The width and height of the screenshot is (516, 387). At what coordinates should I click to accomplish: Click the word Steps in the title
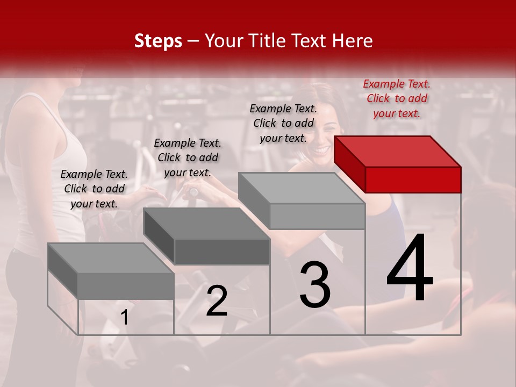[x=158, y=41]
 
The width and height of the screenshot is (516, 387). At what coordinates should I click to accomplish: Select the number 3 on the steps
[x=315, y=285]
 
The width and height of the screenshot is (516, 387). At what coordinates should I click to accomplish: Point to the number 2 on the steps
[x=217, y=301]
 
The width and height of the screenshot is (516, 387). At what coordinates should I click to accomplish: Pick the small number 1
[x=125, y=318]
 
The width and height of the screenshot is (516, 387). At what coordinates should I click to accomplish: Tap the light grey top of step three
[x=302, y=188]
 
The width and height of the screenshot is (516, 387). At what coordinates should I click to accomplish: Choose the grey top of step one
[x=110, y=258]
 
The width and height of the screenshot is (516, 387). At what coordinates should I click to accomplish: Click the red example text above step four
[x=397, y=98]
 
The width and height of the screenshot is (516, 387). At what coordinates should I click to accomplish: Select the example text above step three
[x=283, y=123]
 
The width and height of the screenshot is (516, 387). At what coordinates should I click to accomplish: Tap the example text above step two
[x=188, y=157]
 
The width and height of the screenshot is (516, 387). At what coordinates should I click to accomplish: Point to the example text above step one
[x=94, y=189]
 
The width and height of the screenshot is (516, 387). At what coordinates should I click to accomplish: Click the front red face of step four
[x=413, y=180]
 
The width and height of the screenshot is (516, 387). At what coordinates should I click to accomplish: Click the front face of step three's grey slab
[x=317, y=217]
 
